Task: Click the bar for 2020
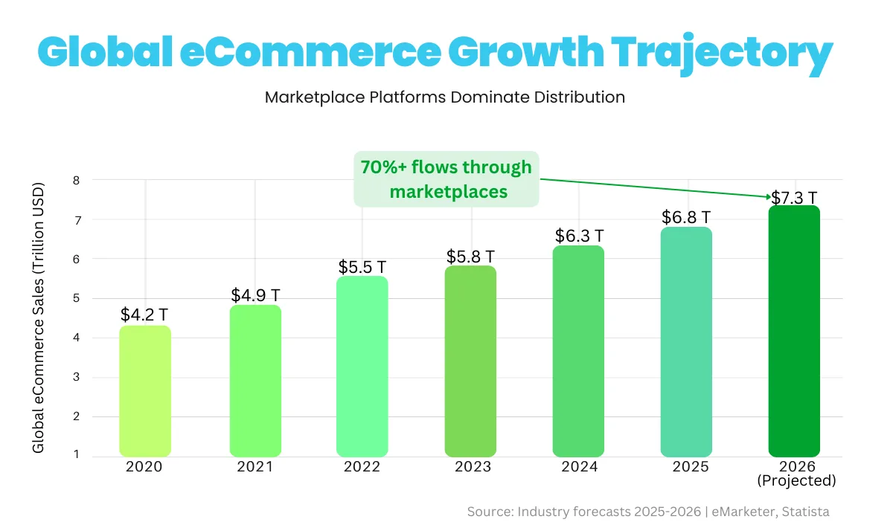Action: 145,390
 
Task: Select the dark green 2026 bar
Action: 794,331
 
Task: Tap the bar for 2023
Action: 470,361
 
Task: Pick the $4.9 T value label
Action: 255,295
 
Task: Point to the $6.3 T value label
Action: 579,236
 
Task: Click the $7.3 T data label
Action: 794,198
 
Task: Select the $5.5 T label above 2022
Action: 362,266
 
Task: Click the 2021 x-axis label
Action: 255,467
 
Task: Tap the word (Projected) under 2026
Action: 796,480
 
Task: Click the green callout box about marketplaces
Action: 446,179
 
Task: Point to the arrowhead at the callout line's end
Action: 767,197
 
